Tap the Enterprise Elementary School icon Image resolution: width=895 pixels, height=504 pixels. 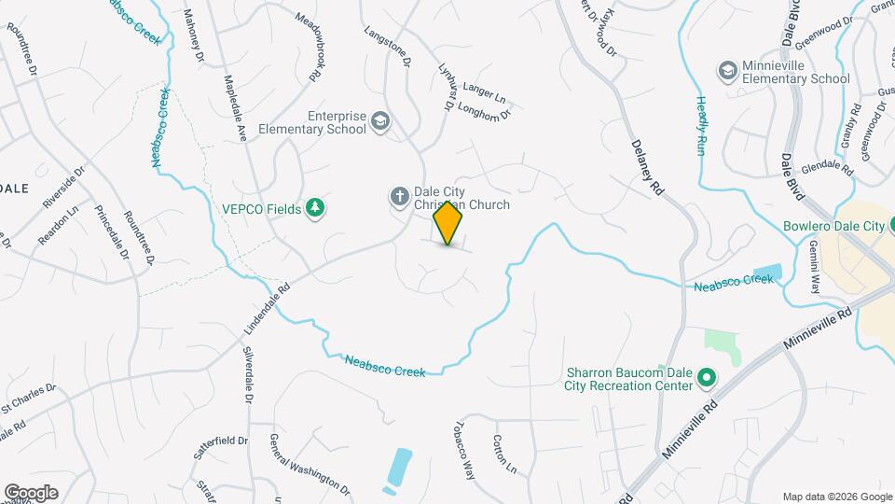380,121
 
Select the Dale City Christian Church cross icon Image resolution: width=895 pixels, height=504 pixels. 398,196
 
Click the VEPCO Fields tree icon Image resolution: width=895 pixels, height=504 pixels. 317,208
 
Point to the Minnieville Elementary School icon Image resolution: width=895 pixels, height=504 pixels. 727,71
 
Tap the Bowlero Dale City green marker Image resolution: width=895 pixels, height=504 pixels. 890,226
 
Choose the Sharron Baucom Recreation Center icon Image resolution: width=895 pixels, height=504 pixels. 707,378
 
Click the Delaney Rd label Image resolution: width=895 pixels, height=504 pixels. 646,167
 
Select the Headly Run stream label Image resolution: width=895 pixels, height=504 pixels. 699,124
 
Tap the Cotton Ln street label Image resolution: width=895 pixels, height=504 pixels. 504,453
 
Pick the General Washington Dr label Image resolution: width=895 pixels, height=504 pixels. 309,465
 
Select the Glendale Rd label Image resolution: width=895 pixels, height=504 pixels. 827,168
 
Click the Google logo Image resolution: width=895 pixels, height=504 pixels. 31,493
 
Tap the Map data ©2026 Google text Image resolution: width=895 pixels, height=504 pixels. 835,496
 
